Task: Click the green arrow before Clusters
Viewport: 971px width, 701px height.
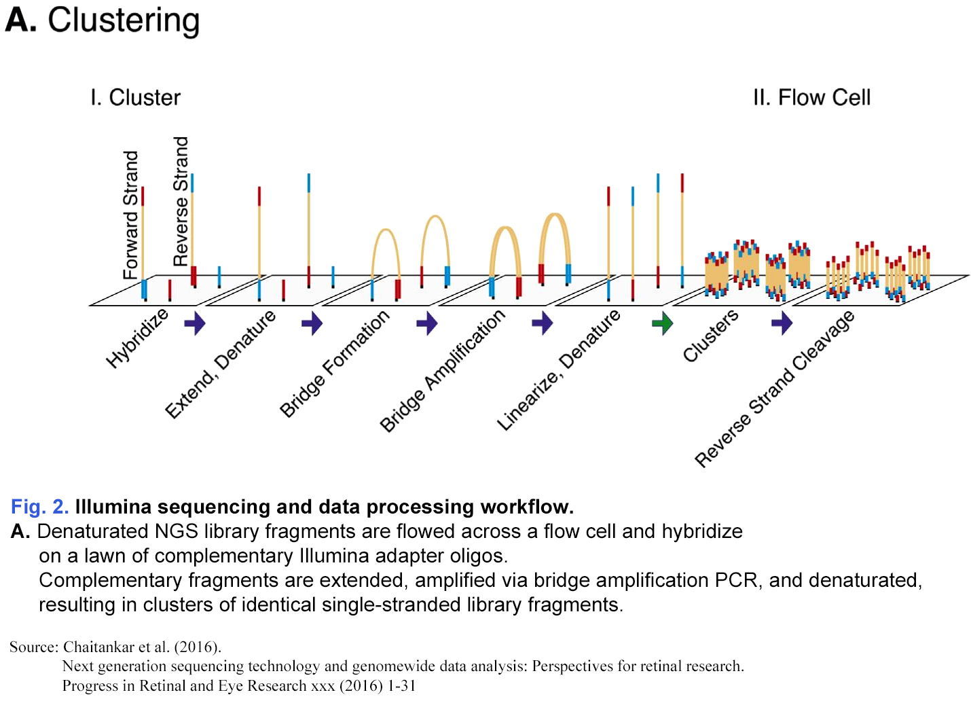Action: (x=662, y=323)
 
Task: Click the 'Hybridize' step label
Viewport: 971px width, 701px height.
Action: (x=137, y=338)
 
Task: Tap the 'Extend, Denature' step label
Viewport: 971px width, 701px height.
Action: (x=221, y=363)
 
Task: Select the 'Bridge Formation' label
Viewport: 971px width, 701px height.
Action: (x=335, y=363)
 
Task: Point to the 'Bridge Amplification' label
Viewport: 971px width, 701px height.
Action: (x=442, y=370)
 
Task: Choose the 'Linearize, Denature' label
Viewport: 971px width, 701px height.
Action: (x=558, y=370)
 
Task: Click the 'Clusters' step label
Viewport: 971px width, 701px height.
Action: (x=710, y=336)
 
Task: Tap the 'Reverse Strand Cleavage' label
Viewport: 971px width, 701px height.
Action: (x=774, y=389)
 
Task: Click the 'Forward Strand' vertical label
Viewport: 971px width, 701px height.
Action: (x=130, y=215)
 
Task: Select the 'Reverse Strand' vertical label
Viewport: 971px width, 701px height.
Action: (x=181, y=201)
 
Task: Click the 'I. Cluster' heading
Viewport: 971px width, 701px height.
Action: (x=135, y=98)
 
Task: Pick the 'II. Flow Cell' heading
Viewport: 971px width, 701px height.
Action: (x=811, y=98)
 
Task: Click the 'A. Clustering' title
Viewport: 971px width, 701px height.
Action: (x=103, y=20)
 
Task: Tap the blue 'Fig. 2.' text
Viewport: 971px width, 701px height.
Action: (x=39, y=507)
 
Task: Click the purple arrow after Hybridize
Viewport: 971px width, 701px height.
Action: (x=195, y=323)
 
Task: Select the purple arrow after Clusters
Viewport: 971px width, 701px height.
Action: (x=782, y=323)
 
